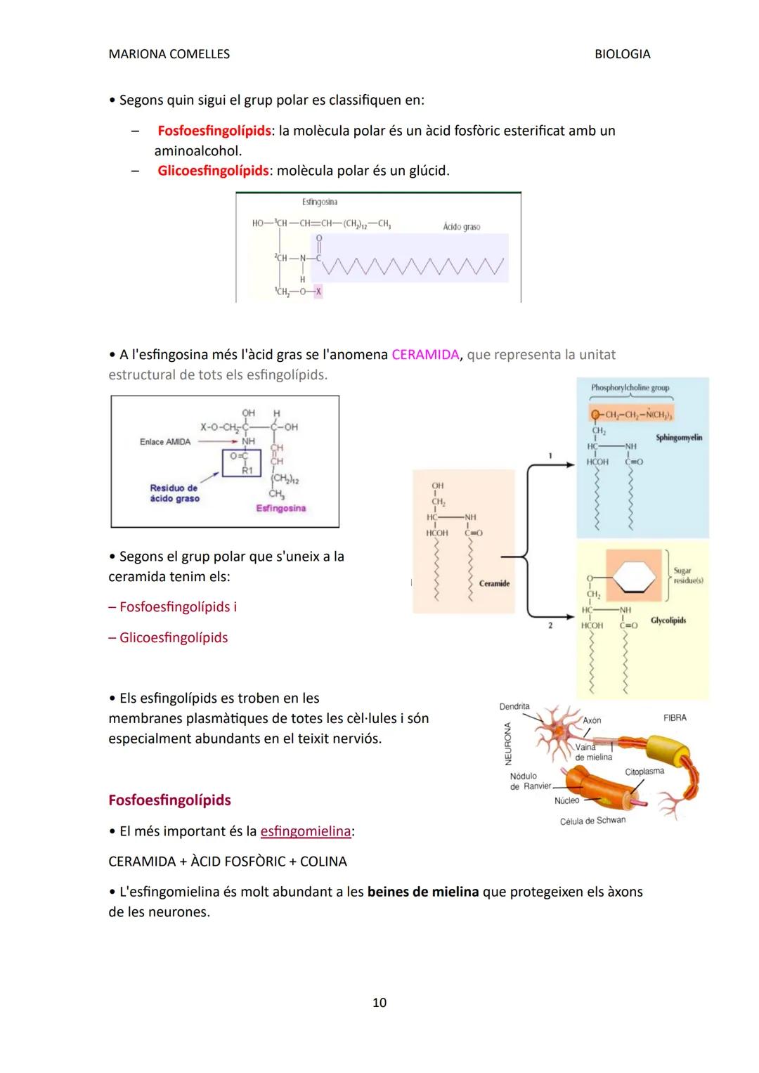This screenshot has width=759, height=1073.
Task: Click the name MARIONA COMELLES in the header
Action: pos(169,54)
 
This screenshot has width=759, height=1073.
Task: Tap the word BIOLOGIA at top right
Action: pos(622,54)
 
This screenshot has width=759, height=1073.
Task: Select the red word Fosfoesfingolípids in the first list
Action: pos(214,131)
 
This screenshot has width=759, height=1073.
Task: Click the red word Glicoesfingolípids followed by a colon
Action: pos(213,171)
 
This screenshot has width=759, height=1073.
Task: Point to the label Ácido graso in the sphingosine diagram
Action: pos(462,227)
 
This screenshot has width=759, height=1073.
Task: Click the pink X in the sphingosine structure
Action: pos(318,291)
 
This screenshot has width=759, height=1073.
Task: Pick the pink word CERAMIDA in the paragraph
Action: pos(424,355)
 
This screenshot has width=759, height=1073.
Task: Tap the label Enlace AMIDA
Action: pos(165,442)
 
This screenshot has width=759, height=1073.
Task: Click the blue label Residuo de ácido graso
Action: pos(174,493)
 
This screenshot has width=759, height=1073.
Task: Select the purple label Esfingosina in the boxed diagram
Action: pos(280,508)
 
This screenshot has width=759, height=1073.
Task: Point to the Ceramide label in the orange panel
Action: pos(494,583)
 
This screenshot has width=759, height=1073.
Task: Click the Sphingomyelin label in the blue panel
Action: pos(678,437)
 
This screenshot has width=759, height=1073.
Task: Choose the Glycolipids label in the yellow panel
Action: pos(668,620)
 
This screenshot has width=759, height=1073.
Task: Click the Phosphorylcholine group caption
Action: pos(630,387)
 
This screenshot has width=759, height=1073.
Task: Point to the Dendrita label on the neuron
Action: pos(514,706)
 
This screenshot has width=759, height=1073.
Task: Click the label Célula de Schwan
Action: pos(592,820)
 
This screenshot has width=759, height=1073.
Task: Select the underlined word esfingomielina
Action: pos(305,831)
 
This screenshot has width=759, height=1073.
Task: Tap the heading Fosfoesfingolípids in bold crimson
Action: pos(169,800)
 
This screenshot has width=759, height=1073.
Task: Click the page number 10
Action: pos(379,1003)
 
